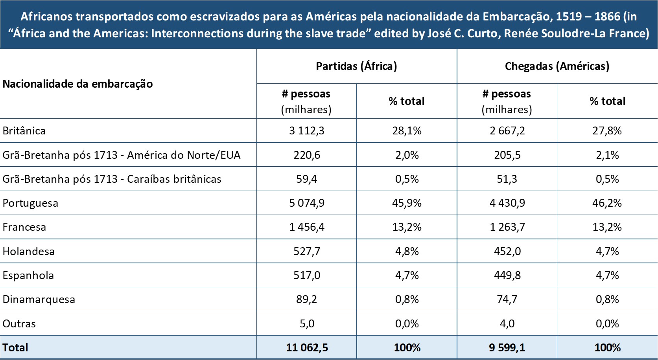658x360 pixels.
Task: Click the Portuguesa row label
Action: (30, 203)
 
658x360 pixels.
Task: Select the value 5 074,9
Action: (307, 203)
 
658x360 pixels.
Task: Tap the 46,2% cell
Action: (607, 203)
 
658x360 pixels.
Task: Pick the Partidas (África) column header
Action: (356, 66)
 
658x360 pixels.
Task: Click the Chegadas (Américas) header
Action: (557, 66)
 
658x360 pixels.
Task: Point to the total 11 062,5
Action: (307, 348)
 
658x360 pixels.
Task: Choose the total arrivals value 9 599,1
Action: (507, 348)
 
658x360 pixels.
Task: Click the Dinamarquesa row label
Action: (39, 299)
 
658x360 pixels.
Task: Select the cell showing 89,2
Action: (307, 299)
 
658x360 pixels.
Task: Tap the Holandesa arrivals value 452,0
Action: (507, 252)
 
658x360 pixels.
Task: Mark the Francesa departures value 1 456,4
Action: (307, 227)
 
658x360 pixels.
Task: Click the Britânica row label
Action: (24, 131)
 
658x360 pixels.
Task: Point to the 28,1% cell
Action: (407, 131)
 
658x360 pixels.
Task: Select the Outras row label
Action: (19, 324)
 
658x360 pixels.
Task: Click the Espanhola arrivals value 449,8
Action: (507, 276)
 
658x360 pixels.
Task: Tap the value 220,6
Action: (307, 155)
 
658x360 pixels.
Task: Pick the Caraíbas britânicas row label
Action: (112, 179)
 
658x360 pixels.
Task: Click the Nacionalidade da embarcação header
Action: (77, 84)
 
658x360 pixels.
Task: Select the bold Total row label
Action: (15, 348)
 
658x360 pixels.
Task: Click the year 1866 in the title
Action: (607, 17)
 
